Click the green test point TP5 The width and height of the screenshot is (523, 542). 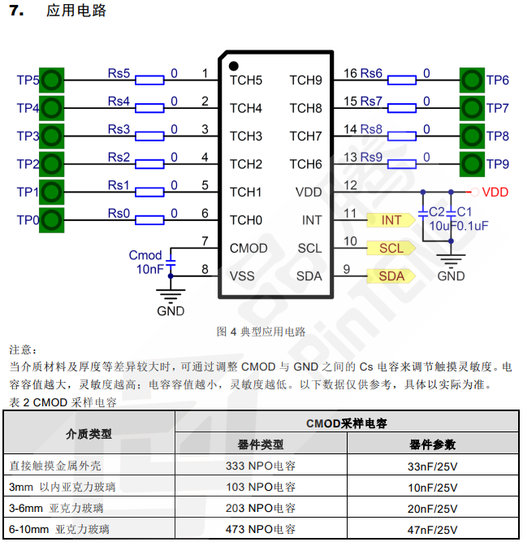point(51,80)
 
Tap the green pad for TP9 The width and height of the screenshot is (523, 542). point(472,164)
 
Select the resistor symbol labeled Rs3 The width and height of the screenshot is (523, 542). point(150,136)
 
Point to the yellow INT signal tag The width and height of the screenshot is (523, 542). point(391,220)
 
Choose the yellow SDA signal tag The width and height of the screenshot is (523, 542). point(391,276)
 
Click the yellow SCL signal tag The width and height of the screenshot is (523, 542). point(391,248)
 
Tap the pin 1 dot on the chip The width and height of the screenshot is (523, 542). point(234,66)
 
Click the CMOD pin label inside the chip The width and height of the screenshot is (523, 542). point(248,248)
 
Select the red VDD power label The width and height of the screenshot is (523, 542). point(495,193)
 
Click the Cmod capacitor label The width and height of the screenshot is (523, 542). point(145,255)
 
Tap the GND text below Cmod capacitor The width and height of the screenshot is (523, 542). point(171,310)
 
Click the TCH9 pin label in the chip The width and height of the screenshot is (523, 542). point(306,80)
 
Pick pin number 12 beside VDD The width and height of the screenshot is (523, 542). point(350,186)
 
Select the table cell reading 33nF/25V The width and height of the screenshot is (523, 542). point(433,466)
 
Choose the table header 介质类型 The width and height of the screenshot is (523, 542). point(89,434)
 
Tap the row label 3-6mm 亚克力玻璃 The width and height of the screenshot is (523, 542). point(56,509)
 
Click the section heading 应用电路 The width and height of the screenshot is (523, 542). point(77,11)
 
